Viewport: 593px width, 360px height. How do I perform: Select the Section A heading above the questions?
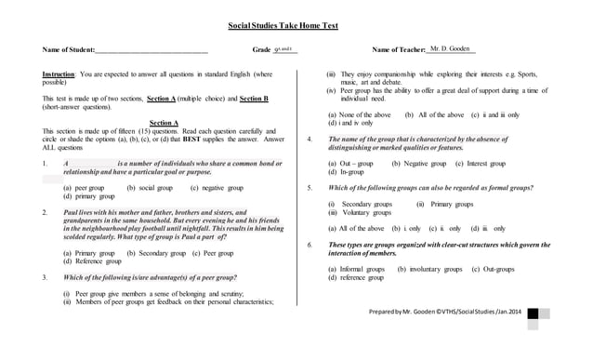pos(164,122)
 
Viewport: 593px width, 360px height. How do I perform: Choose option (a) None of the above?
pos(359,113)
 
